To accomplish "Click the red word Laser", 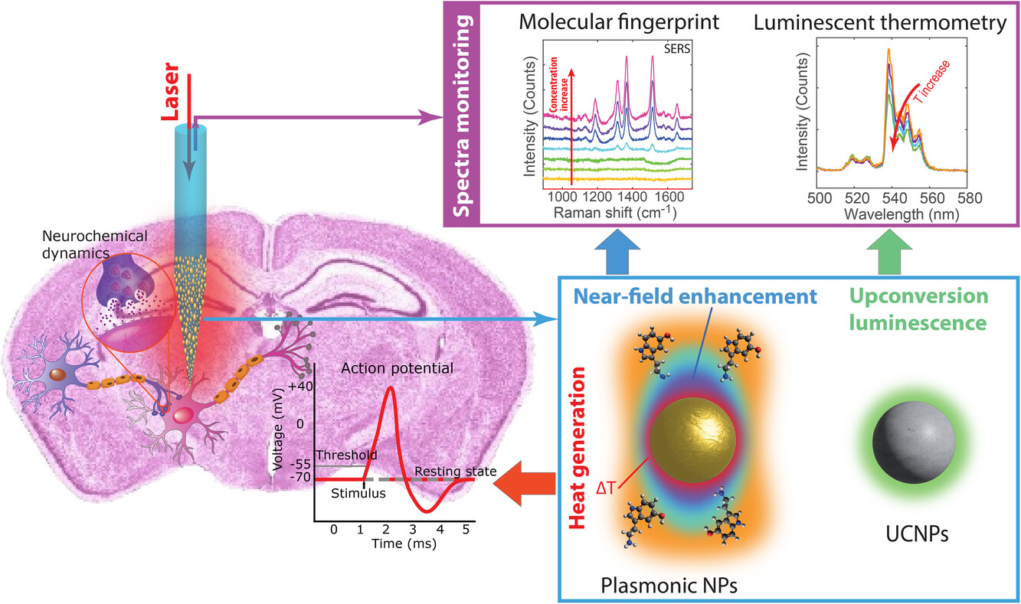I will coord(170,98).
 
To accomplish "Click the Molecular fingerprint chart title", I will coord(619,22).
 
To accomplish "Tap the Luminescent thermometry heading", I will coord(879,22).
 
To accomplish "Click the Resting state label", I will coord(456,471).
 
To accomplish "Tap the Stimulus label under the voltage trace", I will coord(358,493).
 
